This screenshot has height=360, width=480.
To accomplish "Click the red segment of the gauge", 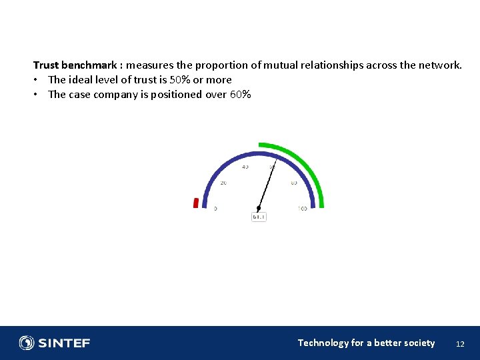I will tap(196, 203).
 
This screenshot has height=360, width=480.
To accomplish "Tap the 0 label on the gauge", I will tap(215, 209).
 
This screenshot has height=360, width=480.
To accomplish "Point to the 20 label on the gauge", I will tap(223, 183).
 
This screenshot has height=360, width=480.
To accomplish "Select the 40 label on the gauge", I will tap(245, 167).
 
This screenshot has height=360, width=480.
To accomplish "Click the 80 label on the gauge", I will tap(294, 183).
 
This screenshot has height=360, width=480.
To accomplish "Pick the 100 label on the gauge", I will tap(302, 209).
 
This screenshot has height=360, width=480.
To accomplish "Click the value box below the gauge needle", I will tap(259, 217).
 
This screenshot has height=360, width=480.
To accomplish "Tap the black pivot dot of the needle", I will tap(259, 208).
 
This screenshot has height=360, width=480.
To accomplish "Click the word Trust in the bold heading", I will tap(46, 65).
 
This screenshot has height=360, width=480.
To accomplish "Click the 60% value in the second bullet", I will tap(240, 95).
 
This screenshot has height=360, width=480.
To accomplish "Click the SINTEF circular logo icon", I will tap(27, 343).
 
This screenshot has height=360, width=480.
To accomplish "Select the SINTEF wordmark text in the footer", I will tap(64, 343).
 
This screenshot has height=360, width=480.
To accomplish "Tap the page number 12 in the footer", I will tap(459, 344).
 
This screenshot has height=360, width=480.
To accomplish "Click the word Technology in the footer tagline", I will tap(323, 343).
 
